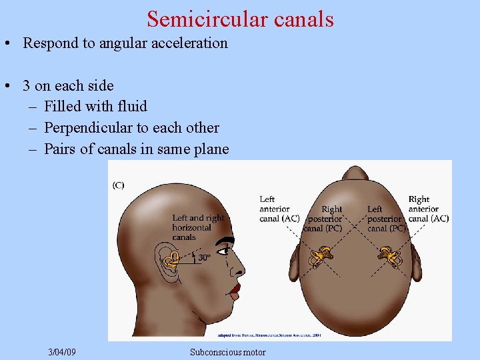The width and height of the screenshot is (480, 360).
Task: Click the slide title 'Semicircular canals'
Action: tap(240, 19)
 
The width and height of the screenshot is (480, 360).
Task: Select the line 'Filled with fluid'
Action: tap(95, 106)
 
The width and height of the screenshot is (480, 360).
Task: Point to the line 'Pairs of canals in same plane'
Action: tap(136, 149)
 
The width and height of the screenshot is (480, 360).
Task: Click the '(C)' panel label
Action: tap(118, 185)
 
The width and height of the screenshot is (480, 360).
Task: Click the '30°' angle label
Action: tap(204, 257)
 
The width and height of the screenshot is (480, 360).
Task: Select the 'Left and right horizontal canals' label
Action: tap(198, 227)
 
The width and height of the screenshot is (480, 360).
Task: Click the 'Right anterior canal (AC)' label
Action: tap(428, 209)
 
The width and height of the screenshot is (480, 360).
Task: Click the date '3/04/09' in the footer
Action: tap(62, 351)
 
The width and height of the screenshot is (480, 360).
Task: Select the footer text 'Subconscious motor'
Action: tap(227, 352)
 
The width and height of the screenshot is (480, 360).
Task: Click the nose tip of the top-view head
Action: tap(355, 173)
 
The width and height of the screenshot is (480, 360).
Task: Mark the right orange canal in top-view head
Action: tap(386, 253)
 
